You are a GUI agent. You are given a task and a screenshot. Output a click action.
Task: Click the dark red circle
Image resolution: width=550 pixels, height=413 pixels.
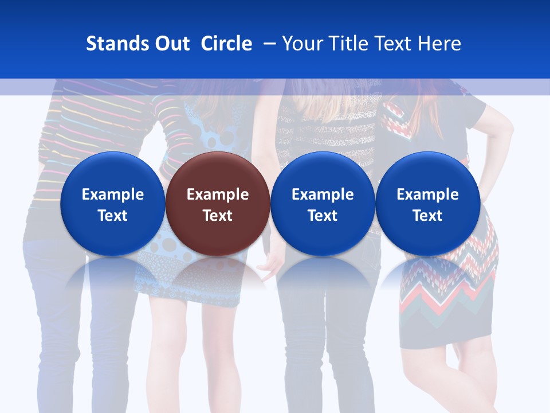pyautogui.click(x=217, y=204)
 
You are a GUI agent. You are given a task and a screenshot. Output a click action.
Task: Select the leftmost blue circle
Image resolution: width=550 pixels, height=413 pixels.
pyautogui.click(x=112, y=204)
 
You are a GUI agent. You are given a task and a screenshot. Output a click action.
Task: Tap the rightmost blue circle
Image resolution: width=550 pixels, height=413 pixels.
pyautogui.click(x=427, y=204)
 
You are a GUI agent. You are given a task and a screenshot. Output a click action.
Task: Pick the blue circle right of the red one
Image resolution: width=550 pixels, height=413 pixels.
pyautogui.click(x=323, y=204)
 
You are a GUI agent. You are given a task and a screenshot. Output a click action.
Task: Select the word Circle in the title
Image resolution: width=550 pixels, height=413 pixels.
pyautogui.click(x=226, y=44)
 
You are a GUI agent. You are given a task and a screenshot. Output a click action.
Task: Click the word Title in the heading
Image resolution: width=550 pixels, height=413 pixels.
pyautogui.click(x=348, y=44)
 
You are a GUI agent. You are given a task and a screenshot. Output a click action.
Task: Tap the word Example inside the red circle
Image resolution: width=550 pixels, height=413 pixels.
pyautogui.click(x=217, y=194)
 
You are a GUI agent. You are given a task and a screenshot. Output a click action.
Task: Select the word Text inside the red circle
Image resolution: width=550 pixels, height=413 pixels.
pyautogui.click(x=217, y=216)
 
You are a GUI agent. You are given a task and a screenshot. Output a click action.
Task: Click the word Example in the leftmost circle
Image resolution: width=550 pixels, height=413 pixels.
pyautogui.click(x=112, y=194)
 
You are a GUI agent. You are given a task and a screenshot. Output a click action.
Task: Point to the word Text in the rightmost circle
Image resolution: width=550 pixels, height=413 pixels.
pyautogui.click(x=427, y=216)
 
